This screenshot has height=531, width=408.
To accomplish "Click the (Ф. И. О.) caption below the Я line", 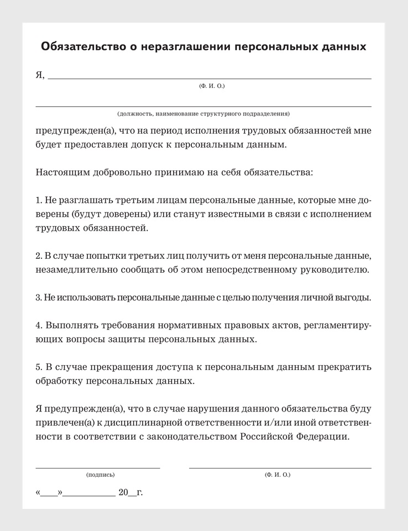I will [x=212, y=86].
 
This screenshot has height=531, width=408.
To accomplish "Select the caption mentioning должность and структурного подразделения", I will [x=203, y=113].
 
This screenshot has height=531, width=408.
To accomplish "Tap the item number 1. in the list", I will [x=39, y=199].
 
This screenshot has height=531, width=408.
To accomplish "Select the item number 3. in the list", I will [x=39, y=298].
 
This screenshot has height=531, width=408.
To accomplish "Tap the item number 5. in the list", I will [x=39, y=367].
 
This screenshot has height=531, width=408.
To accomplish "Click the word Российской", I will [x=265, y=436].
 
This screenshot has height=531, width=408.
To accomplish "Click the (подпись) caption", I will [x=101, y=475].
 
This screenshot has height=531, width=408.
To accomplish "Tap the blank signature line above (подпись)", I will [x=98, y=467].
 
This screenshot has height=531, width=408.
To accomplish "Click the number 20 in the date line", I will [x=123, y=492].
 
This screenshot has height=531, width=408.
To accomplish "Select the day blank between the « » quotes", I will [x=49, y=493].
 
